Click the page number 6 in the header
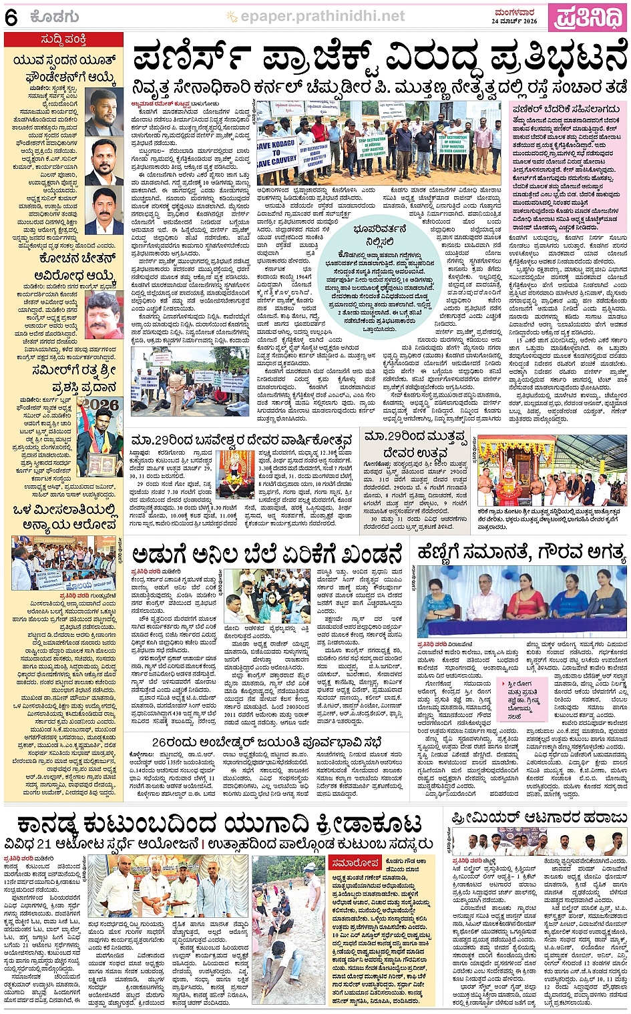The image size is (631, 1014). tap(11, 18)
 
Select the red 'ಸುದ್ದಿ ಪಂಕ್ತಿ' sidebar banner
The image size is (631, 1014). tap(63, 40)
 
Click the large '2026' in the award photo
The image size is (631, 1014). tap(101, 405)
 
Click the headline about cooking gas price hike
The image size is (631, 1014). tap(267, 554)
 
